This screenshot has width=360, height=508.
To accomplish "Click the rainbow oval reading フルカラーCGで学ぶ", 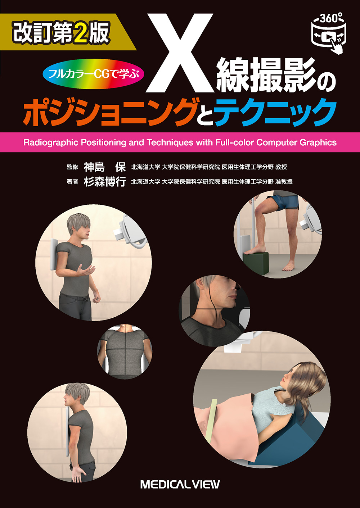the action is pyautogui.click(x=94, y=74).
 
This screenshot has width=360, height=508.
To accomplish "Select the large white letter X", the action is pyautogui.click(x=180, y=53).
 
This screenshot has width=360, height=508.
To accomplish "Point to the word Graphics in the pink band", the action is pyautogui.click(x=318, y=142).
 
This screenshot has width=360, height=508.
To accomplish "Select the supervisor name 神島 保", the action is pyautogui.click(x=105, y=167).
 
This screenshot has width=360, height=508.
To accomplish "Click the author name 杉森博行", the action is pyautogui.click(x=105, y=182).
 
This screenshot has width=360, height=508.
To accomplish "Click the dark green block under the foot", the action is pyautogui.click(x=256, y=263).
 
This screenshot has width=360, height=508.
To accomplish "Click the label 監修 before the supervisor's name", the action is pyautogui.click(x=72, y=167).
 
